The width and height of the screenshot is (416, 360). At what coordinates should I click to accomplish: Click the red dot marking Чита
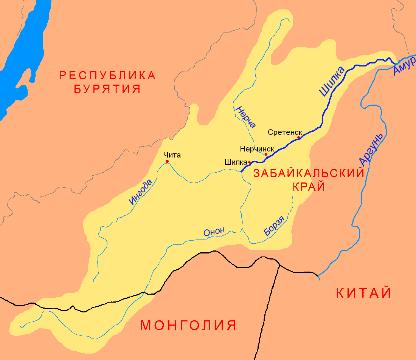coord(167,161)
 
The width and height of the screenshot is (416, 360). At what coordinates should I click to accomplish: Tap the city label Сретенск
coord(285,132)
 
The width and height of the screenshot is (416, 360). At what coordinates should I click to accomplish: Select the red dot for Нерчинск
coord(266,155)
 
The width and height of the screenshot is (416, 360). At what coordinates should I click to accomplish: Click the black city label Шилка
coord(236,162)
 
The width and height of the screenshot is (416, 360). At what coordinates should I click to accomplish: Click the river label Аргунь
coord(371,150)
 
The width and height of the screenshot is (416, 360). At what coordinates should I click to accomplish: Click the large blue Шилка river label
coord(332,82)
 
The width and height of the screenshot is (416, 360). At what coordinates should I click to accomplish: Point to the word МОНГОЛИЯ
coord(188,325)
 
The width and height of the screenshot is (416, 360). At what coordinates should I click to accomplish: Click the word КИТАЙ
coord(363,293)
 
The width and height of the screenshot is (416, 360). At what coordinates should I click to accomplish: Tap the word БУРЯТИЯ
coord(107,89)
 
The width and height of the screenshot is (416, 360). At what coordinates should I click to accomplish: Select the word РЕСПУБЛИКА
coord(107,75)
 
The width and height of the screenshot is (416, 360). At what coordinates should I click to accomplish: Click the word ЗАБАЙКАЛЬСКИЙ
coord(309,173)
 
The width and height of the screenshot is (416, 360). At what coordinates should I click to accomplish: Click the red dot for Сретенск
coord(298,138)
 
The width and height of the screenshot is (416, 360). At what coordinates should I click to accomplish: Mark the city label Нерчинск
coord(257,149)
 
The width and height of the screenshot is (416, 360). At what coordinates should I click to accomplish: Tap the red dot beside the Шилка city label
coord(250,162)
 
